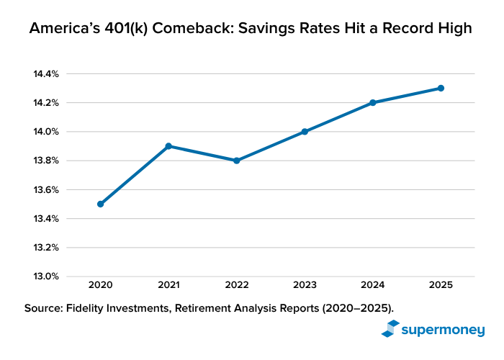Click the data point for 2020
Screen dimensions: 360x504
[100, 204]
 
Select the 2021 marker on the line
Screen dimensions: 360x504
[168, 146]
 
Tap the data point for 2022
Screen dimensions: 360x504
[236, 161]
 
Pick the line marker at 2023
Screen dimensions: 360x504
[305, 132]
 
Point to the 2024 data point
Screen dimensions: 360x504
[372, 102]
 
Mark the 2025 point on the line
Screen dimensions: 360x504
[441, 88]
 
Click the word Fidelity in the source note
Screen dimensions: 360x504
[91, 308]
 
